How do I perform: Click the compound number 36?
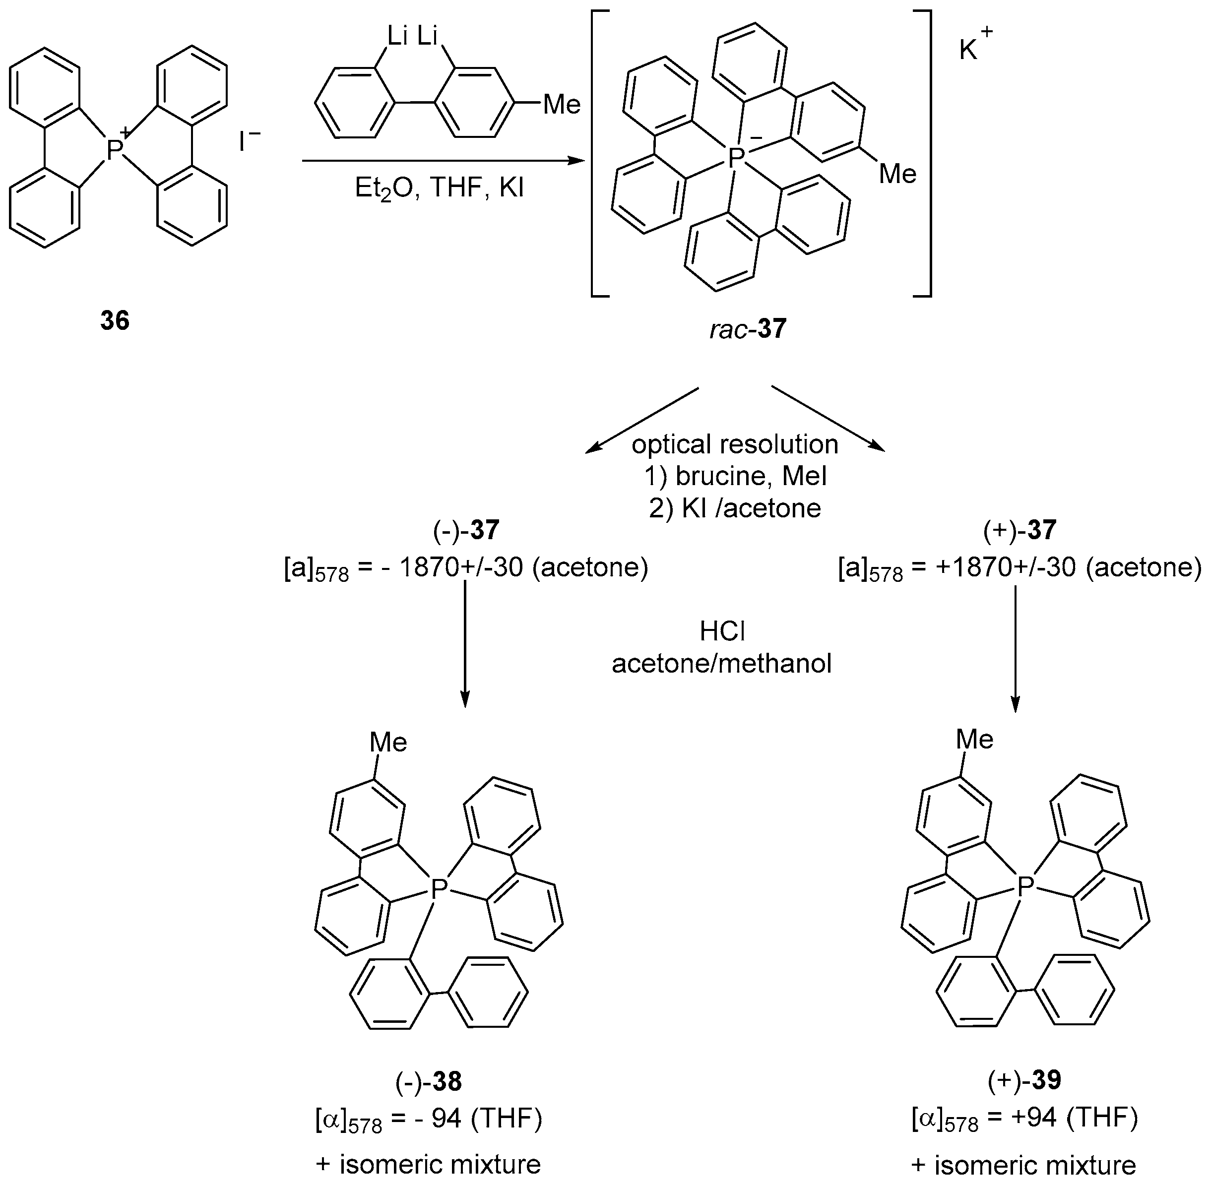(115, 321)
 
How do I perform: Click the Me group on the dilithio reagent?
(562, 105)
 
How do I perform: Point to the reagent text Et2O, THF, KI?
(440, 187)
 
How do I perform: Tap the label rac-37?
(748, 328)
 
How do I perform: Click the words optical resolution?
(735, 444)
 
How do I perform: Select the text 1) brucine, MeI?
(735, 476)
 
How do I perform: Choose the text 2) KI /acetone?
(735, 508)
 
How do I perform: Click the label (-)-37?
(466, 530)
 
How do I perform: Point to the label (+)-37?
(1020, 530)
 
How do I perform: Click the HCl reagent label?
(722, 631)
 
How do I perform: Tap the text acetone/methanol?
(722, 663)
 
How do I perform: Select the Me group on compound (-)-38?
(388, 743)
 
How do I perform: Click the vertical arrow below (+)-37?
(1016, 648)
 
